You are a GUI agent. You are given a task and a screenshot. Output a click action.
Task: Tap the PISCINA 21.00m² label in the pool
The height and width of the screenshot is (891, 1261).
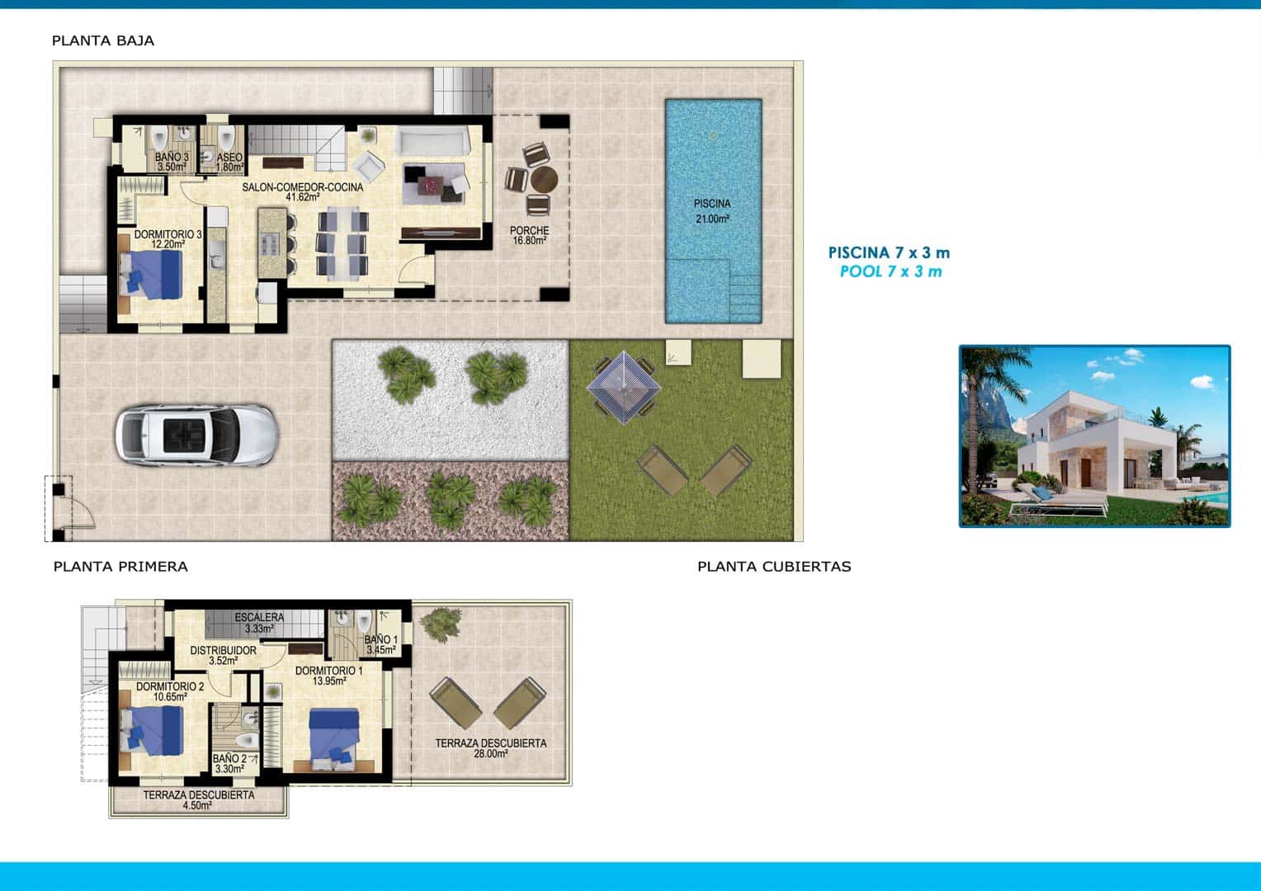(712, 211)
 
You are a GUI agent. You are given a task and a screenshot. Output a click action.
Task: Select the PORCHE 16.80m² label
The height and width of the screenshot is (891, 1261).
(529, 236)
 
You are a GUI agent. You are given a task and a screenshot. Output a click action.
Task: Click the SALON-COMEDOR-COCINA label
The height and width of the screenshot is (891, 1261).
(303, 192)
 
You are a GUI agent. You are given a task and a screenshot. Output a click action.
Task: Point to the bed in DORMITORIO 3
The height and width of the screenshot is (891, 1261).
(151, 274)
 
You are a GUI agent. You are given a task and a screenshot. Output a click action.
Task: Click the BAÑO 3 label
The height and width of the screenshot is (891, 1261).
(172, 161)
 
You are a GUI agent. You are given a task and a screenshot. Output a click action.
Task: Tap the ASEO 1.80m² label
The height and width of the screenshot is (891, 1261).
(229, 161)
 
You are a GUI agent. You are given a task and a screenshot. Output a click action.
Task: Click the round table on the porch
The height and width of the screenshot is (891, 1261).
(544, 179)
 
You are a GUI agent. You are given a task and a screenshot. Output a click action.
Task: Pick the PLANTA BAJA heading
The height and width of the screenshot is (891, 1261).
(103, 40)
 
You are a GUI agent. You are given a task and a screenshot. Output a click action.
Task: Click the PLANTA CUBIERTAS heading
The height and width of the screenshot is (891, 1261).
(773, 567)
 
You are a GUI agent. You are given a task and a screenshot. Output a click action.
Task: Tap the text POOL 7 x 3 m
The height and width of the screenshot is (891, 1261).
(890, 271)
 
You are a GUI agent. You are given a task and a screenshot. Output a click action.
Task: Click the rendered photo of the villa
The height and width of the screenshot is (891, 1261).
(1094, 436)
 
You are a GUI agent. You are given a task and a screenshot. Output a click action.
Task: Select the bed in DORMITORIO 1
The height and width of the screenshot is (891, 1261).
(335, 736)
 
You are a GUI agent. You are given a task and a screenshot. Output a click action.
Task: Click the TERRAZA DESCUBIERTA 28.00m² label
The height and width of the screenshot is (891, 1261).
(490, 748)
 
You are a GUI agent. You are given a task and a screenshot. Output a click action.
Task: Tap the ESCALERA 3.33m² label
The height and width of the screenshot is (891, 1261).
(259, 623)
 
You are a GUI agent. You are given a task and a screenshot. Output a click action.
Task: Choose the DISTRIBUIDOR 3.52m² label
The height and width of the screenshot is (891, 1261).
(223, 655)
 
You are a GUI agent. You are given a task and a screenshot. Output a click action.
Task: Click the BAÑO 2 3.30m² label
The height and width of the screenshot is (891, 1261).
(229, 763)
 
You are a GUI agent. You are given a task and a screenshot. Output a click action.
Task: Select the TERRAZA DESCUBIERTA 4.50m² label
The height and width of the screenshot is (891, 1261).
(199, 800)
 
